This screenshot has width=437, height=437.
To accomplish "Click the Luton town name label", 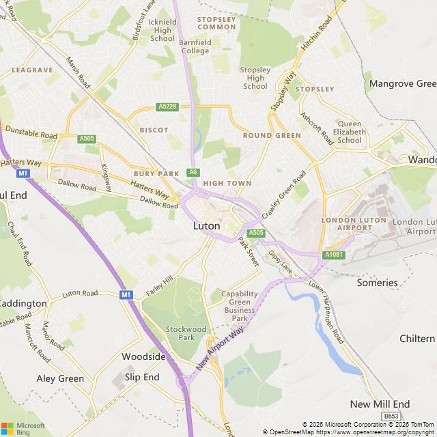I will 206,225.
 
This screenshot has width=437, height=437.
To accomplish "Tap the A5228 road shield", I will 167,107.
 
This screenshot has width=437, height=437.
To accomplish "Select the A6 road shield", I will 193,172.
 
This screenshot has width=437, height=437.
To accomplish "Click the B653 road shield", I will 390,416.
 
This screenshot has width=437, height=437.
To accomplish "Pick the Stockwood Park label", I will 186,333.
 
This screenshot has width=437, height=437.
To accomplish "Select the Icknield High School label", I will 163,30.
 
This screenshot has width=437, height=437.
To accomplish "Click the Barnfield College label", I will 195,46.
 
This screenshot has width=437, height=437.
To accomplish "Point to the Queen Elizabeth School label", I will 349,132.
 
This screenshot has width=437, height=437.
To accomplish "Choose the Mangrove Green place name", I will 401,84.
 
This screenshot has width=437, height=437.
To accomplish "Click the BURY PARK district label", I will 156,174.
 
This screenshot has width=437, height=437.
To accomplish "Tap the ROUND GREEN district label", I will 272,135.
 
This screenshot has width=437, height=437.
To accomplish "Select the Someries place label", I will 377,283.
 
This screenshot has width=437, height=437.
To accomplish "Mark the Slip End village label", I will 142,377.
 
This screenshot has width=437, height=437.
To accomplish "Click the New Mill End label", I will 380,404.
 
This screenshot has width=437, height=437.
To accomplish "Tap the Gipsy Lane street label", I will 280,263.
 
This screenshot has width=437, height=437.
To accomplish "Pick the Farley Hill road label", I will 159,286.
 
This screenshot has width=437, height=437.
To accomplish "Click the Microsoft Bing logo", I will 23,429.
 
